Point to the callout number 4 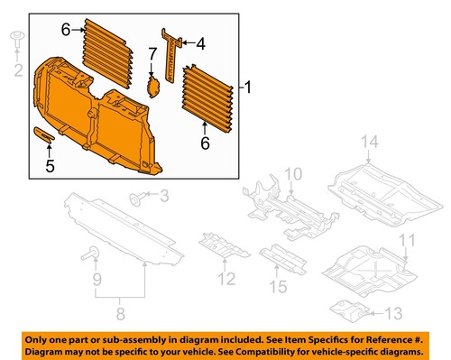click(x=200, y=42)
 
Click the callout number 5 click(x=51, y=164)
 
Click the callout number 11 click(x=408, y=241)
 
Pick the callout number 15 click(x=281, y=287)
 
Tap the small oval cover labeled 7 click(x=153, y=87)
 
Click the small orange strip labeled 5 click(x=44, y=135)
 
